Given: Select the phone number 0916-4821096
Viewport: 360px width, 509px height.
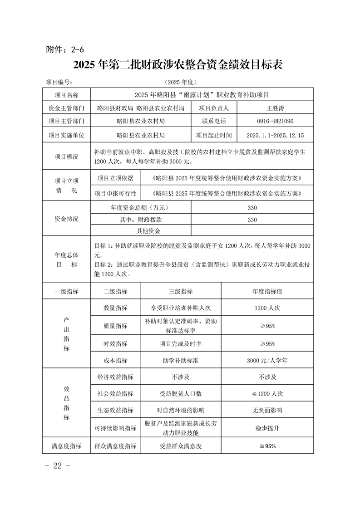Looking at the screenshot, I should point(275,122).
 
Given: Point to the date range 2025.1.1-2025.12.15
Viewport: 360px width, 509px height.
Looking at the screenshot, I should point(275,135).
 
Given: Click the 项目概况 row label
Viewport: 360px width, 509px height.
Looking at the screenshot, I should point(66,157).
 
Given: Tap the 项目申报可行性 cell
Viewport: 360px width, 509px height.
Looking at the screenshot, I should point(115,193).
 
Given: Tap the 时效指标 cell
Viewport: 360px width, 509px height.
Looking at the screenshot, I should point(115,344).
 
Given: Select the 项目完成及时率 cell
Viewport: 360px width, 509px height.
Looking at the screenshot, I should point(181,344).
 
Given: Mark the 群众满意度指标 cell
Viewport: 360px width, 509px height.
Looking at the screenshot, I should point(115,446).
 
